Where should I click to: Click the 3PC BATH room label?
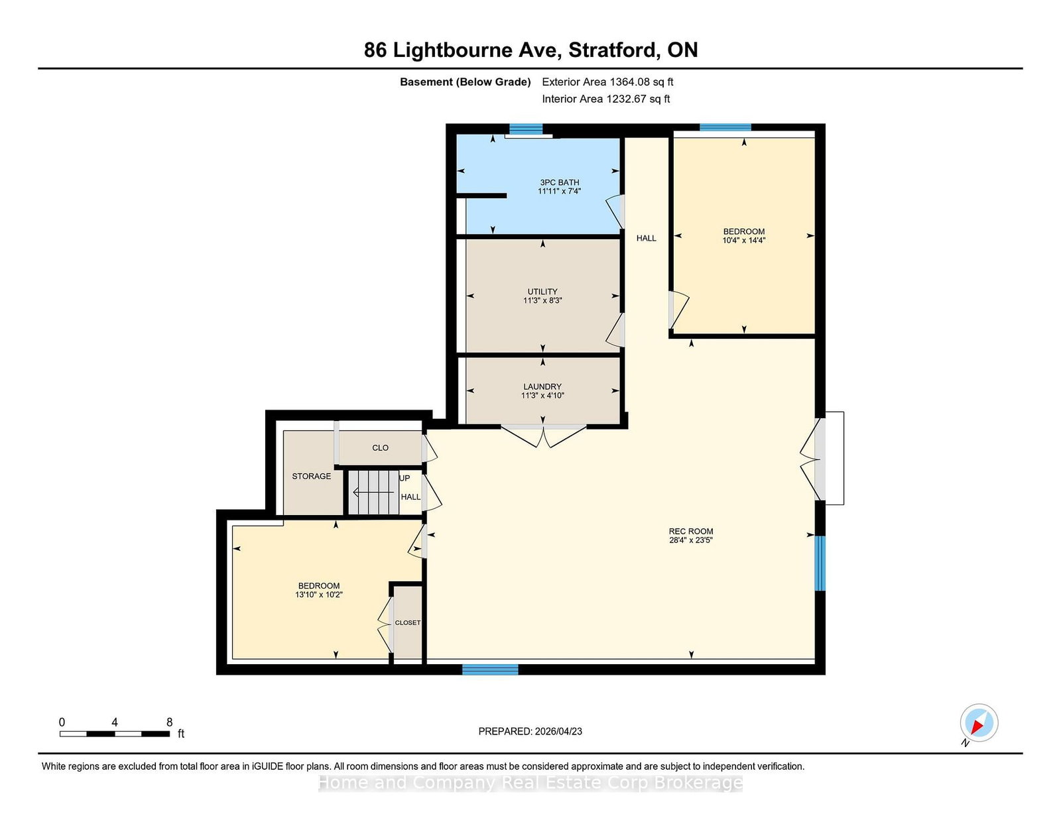(x=558, y=182)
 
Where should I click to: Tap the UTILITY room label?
(x=542, y=292)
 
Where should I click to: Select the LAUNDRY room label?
(x=542, y=386)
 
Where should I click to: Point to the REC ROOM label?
(x=690, y=531)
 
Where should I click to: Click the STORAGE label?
(x=311, y=476)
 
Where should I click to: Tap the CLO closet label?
(x=380, y=447)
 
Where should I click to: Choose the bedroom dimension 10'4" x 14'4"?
(x=743, y=240)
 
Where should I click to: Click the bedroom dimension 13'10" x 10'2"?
(x=319, y=595)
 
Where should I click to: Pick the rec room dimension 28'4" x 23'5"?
(x=690, y=540)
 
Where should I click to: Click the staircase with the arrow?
(x=373, y=493)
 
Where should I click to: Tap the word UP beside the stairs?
(x=405, y=478)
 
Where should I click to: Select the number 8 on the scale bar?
(x=169, y=723)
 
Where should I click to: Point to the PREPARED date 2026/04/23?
(x=558, y=731)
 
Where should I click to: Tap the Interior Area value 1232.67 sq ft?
(x=638, y=99)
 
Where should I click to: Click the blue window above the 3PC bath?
(x=526, y=129)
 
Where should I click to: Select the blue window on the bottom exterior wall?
(x=490, y=669)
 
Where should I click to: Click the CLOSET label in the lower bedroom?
(x=407, y=623)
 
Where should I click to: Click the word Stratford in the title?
(x=612, y=50)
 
